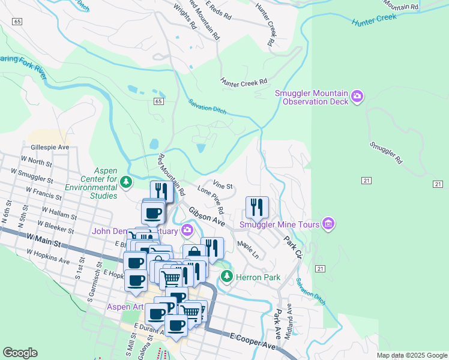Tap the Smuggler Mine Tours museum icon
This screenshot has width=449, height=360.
coord(328,224)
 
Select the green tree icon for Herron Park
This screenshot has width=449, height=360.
coord(226,277)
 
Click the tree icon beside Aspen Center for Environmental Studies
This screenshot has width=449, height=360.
coord(125,181)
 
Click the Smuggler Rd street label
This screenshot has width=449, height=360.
coord(385,153)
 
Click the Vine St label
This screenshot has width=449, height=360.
coord(222,185)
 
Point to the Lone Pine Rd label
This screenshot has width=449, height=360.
coord(211,200)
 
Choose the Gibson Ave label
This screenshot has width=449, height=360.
coord(206,217)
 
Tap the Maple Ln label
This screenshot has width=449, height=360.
coord(247,250)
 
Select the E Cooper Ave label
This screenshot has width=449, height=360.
coord(253,343)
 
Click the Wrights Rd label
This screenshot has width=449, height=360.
coord(184,17)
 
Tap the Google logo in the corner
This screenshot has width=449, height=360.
coord(20,353)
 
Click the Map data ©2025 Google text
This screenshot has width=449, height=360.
coord(412,355)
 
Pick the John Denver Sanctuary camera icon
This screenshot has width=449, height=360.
coord(187,230)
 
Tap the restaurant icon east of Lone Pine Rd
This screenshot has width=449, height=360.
coord(257,208)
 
